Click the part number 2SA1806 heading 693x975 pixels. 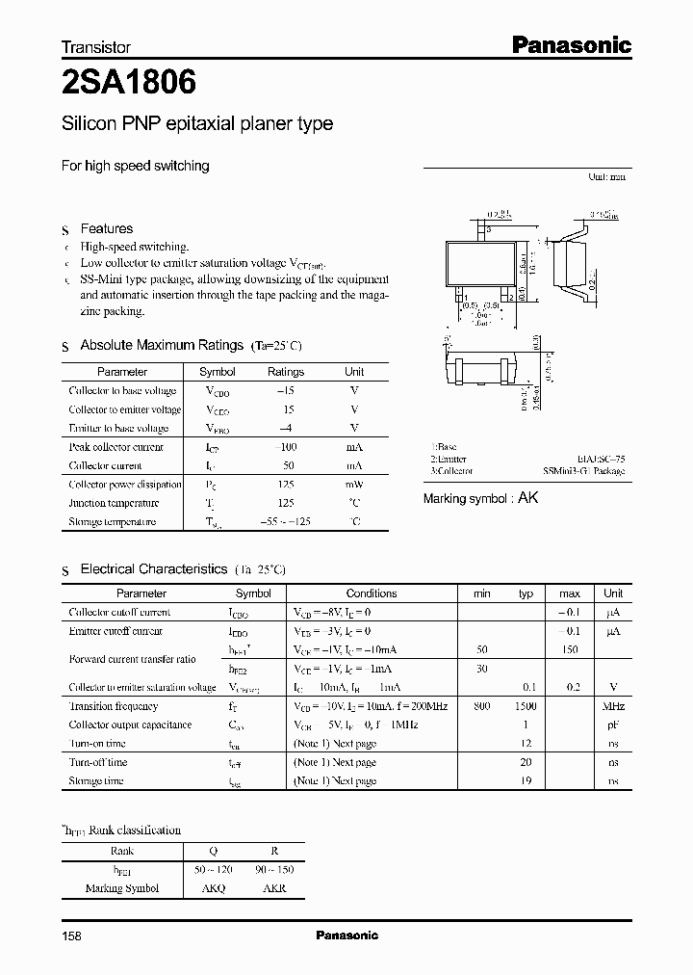pyautogui.click(x=128, y=84)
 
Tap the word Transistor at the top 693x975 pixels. pyautogui.click(x=95, y=46)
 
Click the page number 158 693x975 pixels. pyautogui.click(x=72, y=935)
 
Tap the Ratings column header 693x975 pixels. pyautogui.click(x=285, y=372)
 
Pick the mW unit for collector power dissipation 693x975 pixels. pyautogui.click(x=354, y=485)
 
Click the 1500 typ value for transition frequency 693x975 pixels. pyautogui.click(x=526, y=706)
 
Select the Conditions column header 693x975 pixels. pyautogui.click(x=372, y=594)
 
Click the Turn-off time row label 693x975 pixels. pyautogui.click(x=98, y=762)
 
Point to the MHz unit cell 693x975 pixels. pyautogui.click(x=613, y=706)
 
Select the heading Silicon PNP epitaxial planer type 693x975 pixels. pyautogui.click(x=197, y=124)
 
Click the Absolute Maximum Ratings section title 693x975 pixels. pyautogui.click(x=161, y=345)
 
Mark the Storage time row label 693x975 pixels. pyautogui.click(x=96, y=781)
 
